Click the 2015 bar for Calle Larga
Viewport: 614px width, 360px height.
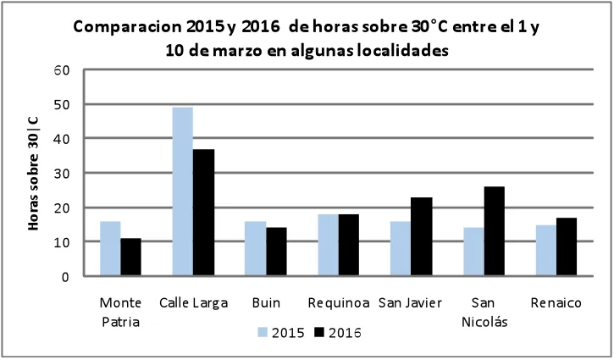point(182,191)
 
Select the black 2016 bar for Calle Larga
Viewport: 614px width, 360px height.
point(203,213)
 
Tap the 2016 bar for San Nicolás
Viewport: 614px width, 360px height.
point(495,231)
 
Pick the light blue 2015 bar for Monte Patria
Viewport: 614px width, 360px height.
point(110,249)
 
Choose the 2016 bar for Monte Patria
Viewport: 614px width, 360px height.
point(130,258)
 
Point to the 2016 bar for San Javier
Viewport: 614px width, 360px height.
point(422,236)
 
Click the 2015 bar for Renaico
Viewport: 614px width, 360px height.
point(546,251)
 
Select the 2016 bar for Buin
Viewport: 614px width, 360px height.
point(276,252)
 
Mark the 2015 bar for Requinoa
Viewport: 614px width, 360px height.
point(328,245)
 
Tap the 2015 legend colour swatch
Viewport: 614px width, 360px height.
point(263,332)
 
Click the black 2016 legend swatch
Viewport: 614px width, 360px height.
point(320,332)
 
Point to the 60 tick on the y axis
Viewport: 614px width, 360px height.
point(61,70)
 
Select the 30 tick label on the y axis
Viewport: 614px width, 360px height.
point(61,173)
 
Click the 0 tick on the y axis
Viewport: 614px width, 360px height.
point(65,277)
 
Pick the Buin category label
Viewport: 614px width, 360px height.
point(266,302)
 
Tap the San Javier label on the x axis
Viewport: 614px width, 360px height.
point(410,302)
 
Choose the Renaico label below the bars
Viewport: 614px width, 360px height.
point(556,302)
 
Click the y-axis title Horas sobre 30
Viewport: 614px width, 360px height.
point(33,172)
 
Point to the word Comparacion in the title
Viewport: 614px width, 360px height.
point(127,27)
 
